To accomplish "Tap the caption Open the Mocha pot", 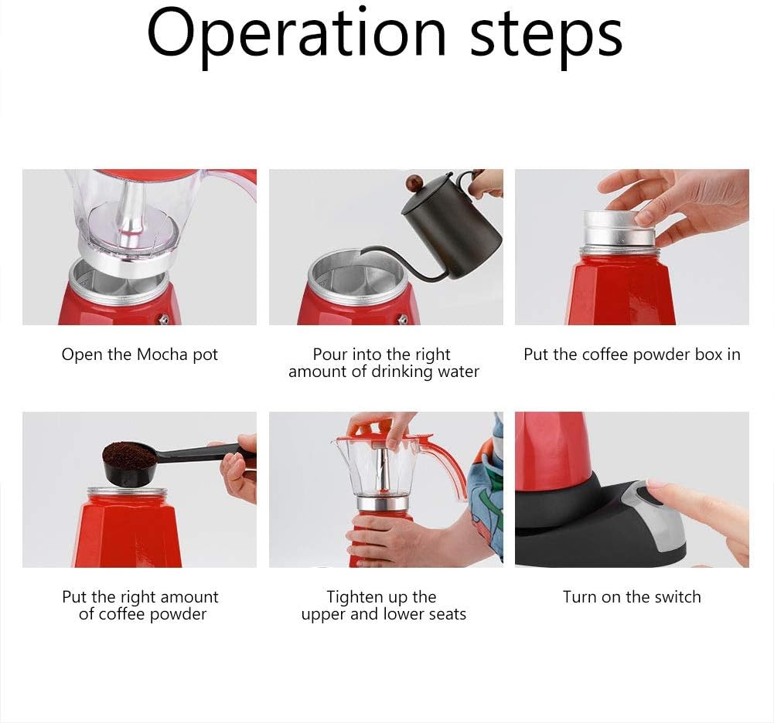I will point(140,355).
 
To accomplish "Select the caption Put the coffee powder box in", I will point(632,355).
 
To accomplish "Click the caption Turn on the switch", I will point(632,597).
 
